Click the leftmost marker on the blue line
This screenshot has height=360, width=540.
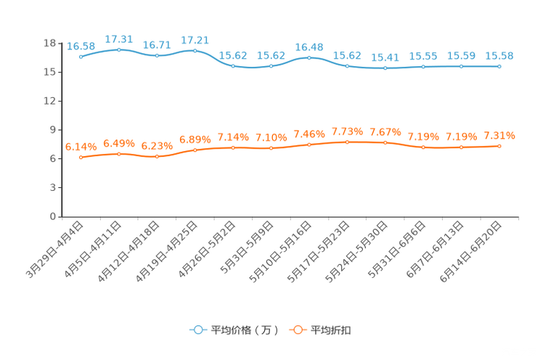click(x=81, y=56)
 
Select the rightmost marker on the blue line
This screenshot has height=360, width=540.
click(x=499, y=66)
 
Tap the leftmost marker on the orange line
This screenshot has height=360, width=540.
click(x=81, y=157)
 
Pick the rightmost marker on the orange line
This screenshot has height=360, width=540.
click(x=499, y=146)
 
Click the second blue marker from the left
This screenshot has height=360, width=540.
click(x=119, y=49)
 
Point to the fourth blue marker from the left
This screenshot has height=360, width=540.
click(x=195, y=50)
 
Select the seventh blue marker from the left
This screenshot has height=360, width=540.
click(x=309, y=57)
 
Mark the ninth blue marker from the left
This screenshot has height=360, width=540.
click(x=385, y=68)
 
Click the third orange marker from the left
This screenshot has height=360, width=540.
click(x=157, y=156)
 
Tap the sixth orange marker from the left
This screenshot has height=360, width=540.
click(x=271, y=148)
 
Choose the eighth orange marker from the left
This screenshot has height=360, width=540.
click(x=347, y=142)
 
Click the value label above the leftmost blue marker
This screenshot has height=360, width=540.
click(x=81, y=46)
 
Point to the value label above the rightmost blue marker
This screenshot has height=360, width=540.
click(x=499, y=56)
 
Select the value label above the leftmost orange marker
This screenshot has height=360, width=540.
click(x=81, y=147)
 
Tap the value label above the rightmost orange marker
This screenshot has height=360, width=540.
click(x=499, y=136)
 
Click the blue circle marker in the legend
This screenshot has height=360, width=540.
click(x=197, y=330)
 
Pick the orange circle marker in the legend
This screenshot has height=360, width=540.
click(x=297, y=330)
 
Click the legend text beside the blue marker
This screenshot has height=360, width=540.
click(x=245, y=330)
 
